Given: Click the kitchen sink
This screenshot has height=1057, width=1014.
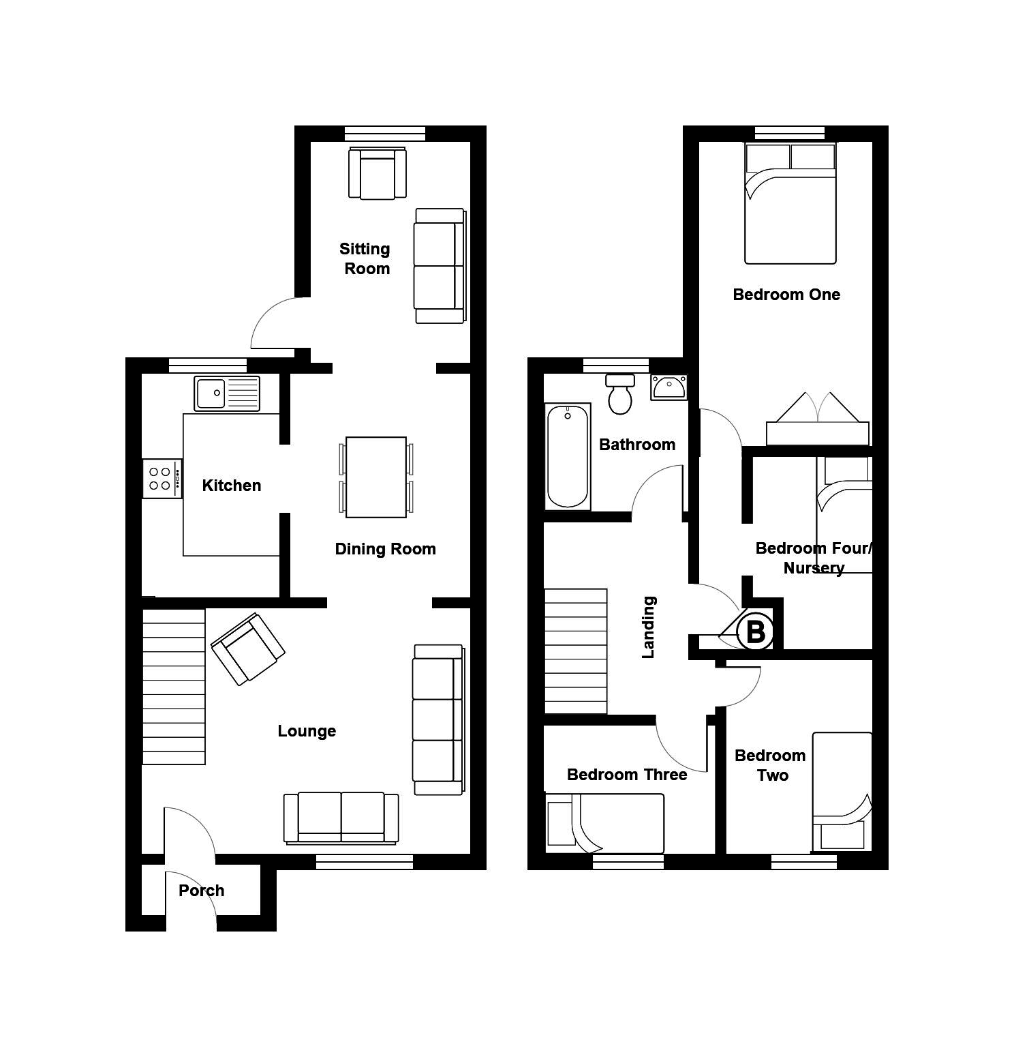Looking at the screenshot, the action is pyautogui.click(x=227, y=393).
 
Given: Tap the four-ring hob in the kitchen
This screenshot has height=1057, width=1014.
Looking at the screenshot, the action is pyautogui.click(x=162, y=479).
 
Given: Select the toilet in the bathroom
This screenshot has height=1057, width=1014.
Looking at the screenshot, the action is pyautogui.click(x=620, y=394).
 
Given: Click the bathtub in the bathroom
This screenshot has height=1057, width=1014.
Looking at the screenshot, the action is pyautogui.click(x=568, y=456).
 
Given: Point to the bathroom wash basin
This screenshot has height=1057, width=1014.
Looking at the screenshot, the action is pyautogui.click(x=669, y=387).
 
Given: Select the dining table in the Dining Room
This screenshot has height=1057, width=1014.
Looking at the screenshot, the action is pyautogui.click(x=376, y=477).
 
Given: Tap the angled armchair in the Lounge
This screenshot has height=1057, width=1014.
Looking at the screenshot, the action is pyautogui.click(x=248, y=649).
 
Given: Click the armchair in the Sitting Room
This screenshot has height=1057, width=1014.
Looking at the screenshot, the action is pyautogui.click(x=378, y=173).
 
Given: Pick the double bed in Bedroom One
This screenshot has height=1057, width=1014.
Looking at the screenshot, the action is pyautogui.click(x=790, y=203).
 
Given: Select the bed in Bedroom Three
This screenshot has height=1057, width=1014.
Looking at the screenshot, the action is pyautogui.click(x=604, y=823).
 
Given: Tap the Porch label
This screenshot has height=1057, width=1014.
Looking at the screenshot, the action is pyautogui.click(x=202, y=890).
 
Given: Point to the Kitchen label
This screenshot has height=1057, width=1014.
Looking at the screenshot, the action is pyautogui.click(x=232, y=485).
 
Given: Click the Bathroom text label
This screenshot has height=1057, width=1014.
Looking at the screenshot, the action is pyautogui.click(x=637, y=445).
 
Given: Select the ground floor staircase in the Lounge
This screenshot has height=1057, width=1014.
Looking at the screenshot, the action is pyautogui.click(x=174, y=687).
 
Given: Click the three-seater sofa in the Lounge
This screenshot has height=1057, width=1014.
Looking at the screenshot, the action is pyautogui.click(x=438, y=719).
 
